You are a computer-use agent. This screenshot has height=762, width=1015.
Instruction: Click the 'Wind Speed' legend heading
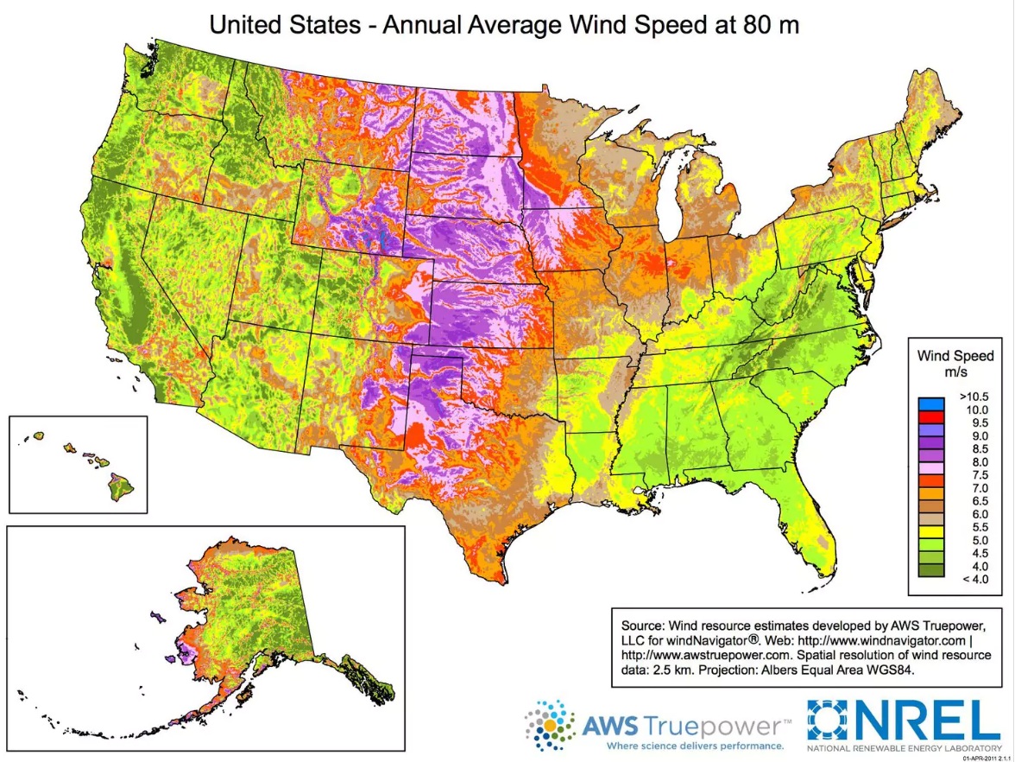coord(955,356)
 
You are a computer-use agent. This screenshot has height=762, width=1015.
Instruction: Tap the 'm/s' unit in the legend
coord(955,371)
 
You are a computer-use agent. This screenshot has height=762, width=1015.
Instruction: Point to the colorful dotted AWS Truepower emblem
coord(548,724)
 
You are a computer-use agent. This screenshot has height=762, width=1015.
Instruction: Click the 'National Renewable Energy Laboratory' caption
coord(905,746)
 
